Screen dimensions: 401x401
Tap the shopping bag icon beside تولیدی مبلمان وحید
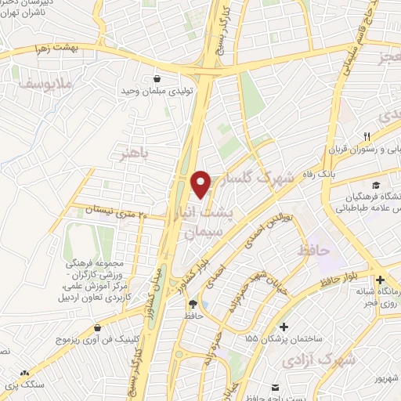[x=159, y=78]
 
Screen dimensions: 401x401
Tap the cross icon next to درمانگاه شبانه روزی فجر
[x=380, y=280]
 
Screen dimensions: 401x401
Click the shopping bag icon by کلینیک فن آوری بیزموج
[x=97, y=327]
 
